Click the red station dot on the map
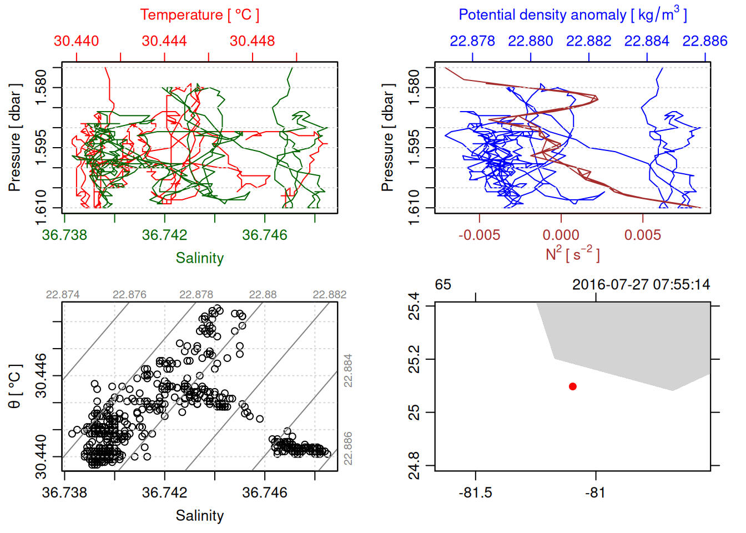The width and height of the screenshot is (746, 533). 572,386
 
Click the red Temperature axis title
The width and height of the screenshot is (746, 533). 199,15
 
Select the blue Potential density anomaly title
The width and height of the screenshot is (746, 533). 572,15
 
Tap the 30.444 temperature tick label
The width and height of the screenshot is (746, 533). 164,41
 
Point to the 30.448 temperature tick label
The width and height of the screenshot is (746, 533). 252,41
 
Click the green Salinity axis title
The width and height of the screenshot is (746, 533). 199,258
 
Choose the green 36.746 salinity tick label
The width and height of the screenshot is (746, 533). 265,235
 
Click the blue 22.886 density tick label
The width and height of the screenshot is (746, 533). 704,41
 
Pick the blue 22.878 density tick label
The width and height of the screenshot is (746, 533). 472,41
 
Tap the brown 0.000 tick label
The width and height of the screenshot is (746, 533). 561,235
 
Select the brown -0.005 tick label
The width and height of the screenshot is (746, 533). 479,235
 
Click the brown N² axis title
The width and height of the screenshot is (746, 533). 572,254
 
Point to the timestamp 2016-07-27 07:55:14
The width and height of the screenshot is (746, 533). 641,285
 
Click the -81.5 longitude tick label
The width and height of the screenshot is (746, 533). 475,493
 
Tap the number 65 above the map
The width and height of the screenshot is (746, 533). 443,285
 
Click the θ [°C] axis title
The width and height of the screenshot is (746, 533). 15,386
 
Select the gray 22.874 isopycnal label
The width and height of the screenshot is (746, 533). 63,294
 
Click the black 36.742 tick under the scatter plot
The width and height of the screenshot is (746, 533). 164,493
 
